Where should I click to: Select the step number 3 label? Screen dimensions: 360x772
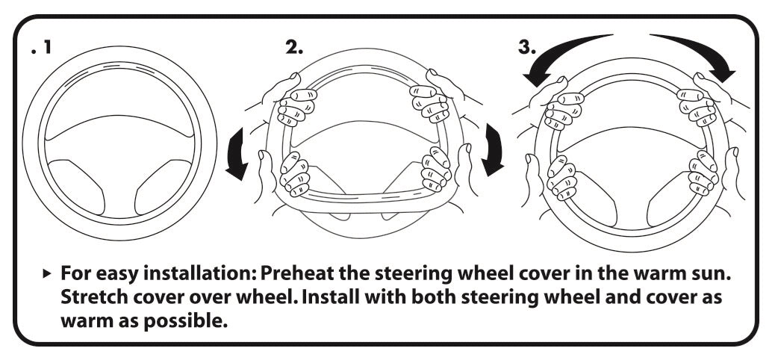tap(526, 47)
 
